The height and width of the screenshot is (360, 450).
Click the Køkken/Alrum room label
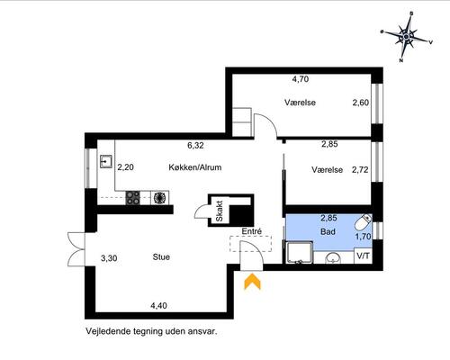[x=195, y=167]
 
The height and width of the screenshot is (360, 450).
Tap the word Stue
[x=161, y=257]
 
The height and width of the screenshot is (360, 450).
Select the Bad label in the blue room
[x=328, y=231]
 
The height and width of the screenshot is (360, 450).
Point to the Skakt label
[x=220, y=211]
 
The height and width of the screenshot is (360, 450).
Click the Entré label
[x=252, y=231]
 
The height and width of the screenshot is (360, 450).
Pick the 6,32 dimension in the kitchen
[x=195, y=146]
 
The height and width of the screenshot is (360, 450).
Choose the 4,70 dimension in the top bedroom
[x=301, y=79]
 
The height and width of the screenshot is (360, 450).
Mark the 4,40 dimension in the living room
[x=159, y=306]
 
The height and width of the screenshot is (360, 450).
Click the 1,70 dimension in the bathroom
[x=363, y=237]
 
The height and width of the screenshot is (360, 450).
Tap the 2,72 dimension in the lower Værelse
[x=360, y=170]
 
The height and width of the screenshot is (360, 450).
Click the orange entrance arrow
[x=253, y=282]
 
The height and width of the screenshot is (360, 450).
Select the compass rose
[x=406, y=37]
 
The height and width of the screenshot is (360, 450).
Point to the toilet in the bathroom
[x=363, y=222]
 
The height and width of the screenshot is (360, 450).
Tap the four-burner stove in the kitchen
[x=132, y=198]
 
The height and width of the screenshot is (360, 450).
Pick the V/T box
[x=364, y=256]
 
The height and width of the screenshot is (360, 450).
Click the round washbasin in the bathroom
[x=333, y=258]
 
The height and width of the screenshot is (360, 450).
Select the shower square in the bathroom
[x=300, y=253]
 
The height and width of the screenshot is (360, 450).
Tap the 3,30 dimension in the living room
[x=109, y=258]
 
